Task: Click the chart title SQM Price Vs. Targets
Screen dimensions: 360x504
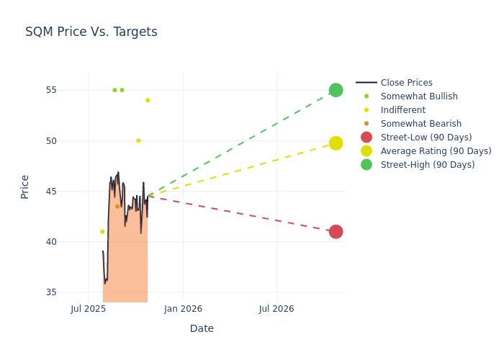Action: (91, 32)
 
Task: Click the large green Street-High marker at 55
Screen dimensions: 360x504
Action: (336, 90)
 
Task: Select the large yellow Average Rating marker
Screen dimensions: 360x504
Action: (336, 143)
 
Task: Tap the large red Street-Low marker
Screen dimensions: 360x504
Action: (336, 232)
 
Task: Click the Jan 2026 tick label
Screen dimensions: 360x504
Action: (183, 309)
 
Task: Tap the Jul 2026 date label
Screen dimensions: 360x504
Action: (276, 309)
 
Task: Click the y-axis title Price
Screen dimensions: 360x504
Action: (25, 186)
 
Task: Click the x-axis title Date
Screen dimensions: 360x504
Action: (202, 328)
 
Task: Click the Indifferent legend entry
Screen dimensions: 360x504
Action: (402, 110)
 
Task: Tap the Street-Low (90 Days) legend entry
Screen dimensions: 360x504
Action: (426, 138)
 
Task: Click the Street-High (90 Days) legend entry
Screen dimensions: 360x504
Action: (428, 165)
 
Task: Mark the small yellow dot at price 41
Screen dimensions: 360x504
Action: (102, 232)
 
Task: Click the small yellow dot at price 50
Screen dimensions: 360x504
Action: (138, 140)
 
